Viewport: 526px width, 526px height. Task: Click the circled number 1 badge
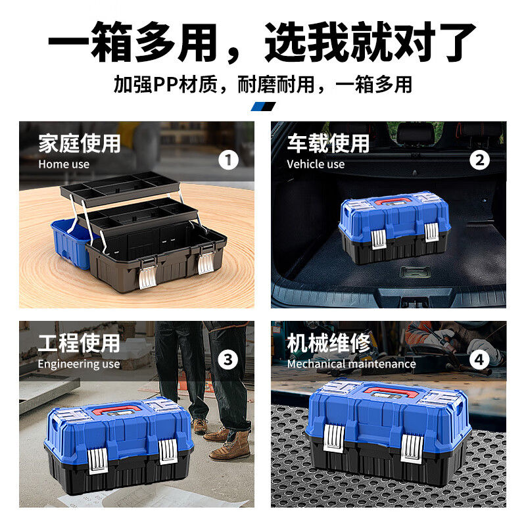pos(228,160)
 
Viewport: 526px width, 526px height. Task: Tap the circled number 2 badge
pos(480,160)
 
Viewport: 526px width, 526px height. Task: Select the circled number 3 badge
pos(228,359)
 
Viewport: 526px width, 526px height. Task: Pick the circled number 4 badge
pos(480,359)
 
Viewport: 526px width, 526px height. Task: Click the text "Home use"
pos(64,164)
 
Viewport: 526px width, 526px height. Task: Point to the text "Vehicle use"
pos(316,164)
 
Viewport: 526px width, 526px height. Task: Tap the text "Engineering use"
pos(79,364)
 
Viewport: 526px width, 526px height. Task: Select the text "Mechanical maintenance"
pos(351,364)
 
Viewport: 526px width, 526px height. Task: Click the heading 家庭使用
pos(79,143)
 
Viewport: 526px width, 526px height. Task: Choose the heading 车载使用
pos(327,143)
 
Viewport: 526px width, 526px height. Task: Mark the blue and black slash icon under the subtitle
pos(263,107)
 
